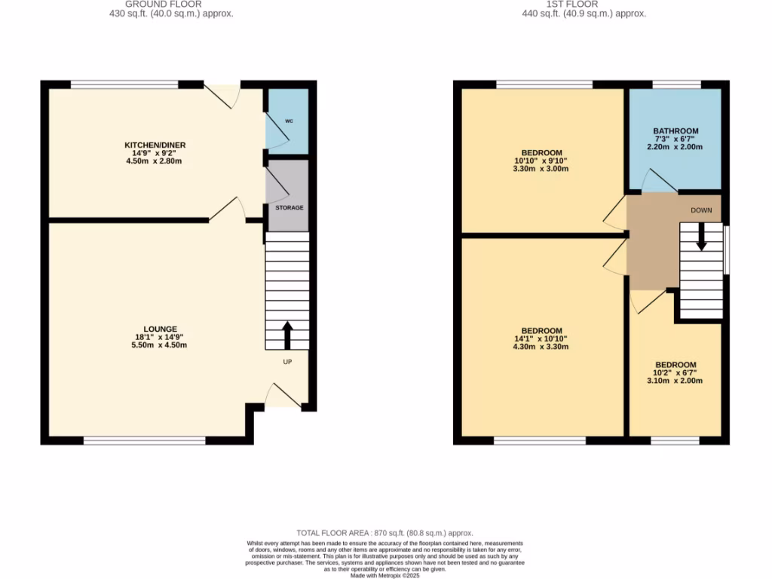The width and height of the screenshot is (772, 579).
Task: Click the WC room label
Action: point(288,121)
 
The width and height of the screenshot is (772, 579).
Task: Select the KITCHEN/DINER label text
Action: point(155,145)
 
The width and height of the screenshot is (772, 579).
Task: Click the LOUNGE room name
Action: point(156,329)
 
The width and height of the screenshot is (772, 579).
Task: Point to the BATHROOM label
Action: point(675,131)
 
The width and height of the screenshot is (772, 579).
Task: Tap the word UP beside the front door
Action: point(287,362)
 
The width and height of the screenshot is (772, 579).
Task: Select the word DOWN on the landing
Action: point(701,210)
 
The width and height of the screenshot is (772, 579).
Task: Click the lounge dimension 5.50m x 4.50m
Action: point(156,345)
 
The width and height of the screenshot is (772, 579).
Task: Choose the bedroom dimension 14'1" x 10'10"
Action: point(541,339)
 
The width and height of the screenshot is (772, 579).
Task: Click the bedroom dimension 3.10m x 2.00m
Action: point(675,381)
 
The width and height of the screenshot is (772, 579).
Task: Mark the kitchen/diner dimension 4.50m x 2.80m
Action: point(155,161)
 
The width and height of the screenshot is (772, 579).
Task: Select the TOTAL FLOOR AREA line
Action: point(385,533)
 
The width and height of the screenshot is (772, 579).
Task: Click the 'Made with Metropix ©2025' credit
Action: point(385,575)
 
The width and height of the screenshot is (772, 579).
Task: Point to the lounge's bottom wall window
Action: point(144,440)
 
